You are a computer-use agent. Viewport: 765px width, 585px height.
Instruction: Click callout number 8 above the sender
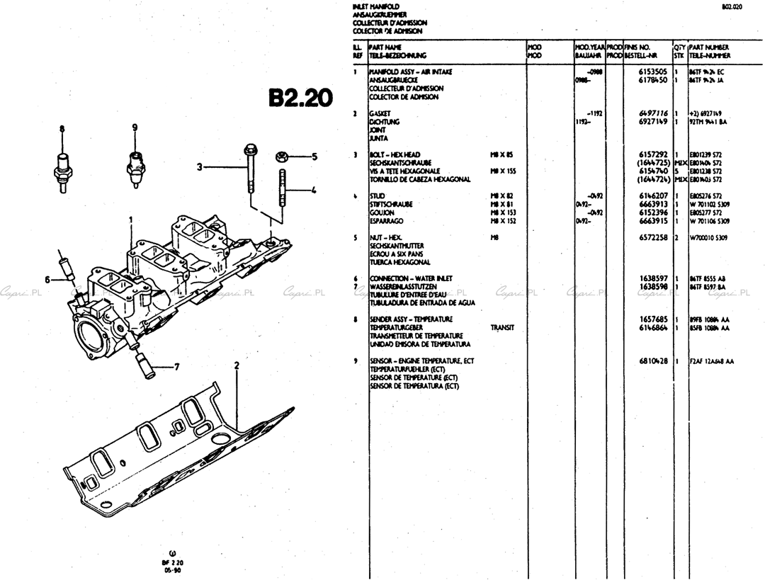62,129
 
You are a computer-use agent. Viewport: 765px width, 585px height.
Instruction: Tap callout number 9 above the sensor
134,127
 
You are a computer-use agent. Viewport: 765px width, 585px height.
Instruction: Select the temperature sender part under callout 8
62,166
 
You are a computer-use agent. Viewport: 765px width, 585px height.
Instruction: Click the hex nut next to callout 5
282,157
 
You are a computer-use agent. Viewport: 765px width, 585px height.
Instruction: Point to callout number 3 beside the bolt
200,167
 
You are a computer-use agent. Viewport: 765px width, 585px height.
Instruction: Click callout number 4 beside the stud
313,190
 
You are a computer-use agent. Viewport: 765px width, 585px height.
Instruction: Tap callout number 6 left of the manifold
47,280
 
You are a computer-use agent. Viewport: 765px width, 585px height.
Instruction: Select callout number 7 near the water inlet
177,367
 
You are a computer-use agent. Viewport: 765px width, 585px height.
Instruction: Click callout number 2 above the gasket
237,365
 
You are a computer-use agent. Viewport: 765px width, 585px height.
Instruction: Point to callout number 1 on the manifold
131,220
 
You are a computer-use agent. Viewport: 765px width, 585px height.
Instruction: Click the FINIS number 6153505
653,72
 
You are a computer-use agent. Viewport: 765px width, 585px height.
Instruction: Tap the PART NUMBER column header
709,47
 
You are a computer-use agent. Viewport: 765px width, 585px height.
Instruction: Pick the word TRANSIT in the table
502,328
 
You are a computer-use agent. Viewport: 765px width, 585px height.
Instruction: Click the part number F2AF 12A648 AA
712,360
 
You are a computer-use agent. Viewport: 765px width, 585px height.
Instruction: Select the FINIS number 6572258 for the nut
653,238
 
